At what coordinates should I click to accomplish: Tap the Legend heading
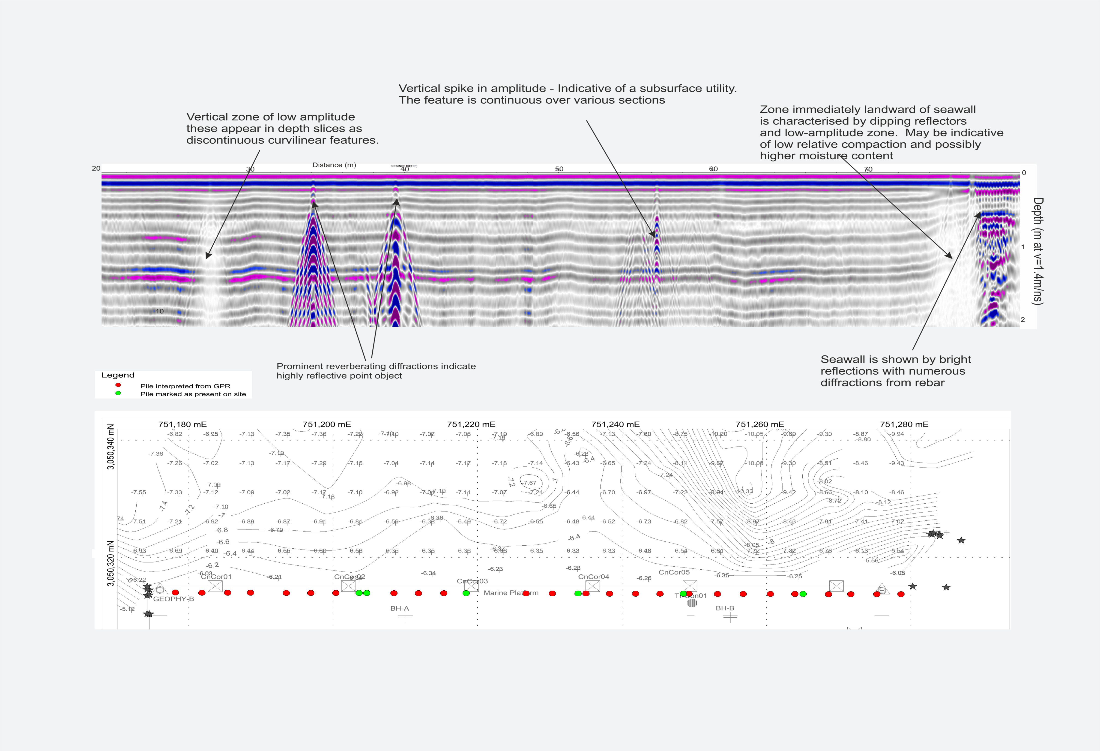pos(118,375)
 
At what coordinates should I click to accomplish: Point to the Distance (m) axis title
pos(334,165)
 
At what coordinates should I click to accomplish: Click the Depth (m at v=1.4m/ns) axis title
pos(1037,251)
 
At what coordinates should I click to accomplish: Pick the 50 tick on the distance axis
pos(559,169)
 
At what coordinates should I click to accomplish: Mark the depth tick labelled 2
pos(1023,320)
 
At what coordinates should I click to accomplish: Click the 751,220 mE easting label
pos(471,424)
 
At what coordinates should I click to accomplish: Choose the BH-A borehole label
pos(400,608)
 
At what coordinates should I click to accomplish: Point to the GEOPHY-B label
pos(173,599)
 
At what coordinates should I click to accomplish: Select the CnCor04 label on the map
pos(594,577)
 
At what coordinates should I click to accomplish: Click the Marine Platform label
pos(511,593)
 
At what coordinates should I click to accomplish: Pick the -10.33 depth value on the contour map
pos(744,491)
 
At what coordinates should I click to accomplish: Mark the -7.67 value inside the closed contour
pos(530,483)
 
